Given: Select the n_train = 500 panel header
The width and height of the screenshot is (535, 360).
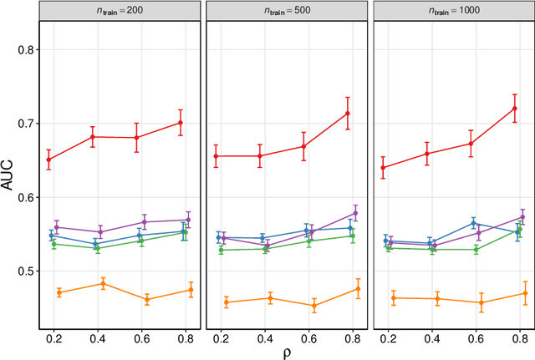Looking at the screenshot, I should click(x=286, y=9).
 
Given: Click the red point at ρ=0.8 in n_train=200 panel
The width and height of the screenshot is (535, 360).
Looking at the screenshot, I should click(x=181, y=122).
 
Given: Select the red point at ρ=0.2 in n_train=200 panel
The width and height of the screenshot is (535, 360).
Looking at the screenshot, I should click(x=49, y=160).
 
